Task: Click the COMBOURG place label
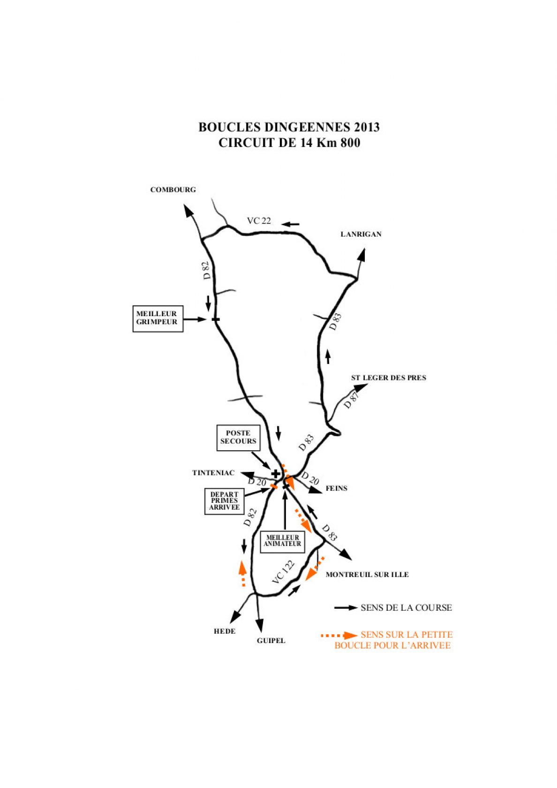(173, 190)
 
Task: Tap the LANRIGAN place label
(361, 235)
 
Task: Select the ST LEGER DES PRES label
(389, 378)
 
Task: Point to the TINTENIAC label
(213, 473)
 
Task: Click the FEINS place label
(336, 488)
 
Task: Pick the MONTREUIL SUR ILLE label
(367, 575)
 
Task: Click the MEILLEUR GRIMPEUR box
(158, 319)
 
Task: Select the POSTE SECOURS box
(238, 438)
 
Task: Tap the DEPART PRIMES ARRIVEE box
(224, 501)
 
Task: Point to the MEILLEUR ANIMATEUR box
(282, 541)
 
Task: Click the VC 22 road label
(259, 221)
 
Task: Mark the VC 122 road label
(283, 572)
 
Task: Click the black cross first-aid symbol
(276, 474)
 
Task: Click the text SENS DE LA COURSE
(406, 608)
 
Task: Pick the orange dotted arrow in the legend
(339, 635)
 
